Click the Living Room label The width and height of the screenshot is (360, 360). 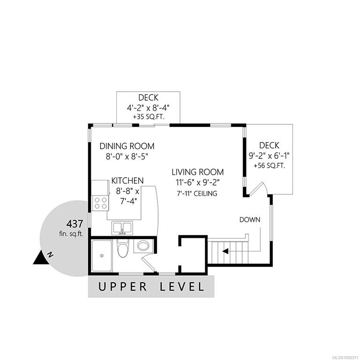[198, 172]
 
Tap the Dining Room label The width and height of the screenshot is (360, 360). [127, 146]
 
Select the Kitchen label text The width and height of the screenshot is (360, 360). [127, 180]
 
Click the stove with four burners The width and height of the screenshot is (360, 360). [101, 203]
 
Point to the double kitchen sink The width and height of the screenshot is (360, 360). [122, 228]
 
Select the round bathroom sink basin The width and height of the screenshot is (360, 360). [143, 246]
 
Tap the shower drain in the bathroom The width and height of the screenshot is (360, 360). [102, 255]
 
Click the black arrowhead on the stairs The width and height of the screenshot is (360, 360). [225, 251]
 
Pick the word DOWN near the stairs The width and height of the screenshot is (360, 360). [250, 220]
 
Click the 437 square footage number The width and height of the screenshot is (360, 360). [75, 224]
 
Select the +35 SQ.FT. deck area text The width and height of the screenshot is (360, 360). [149, 117]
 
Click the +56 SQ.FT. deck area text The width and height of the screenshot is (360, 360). [270, 166]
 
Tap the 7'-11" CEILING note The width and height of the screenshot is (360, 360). [197, 193]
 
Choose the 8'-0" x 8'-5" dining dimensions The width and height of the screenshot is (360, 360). [127, 157]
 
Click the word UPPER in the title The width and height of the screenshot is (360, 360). [123, 287]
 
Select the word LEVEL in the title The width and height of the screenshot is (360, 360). [182, 287]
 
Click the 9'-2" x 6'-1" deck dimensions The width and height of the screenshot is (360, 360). [270, 156]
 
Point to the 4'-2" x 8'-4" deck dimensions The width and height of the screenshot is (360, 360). [148, 107]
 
